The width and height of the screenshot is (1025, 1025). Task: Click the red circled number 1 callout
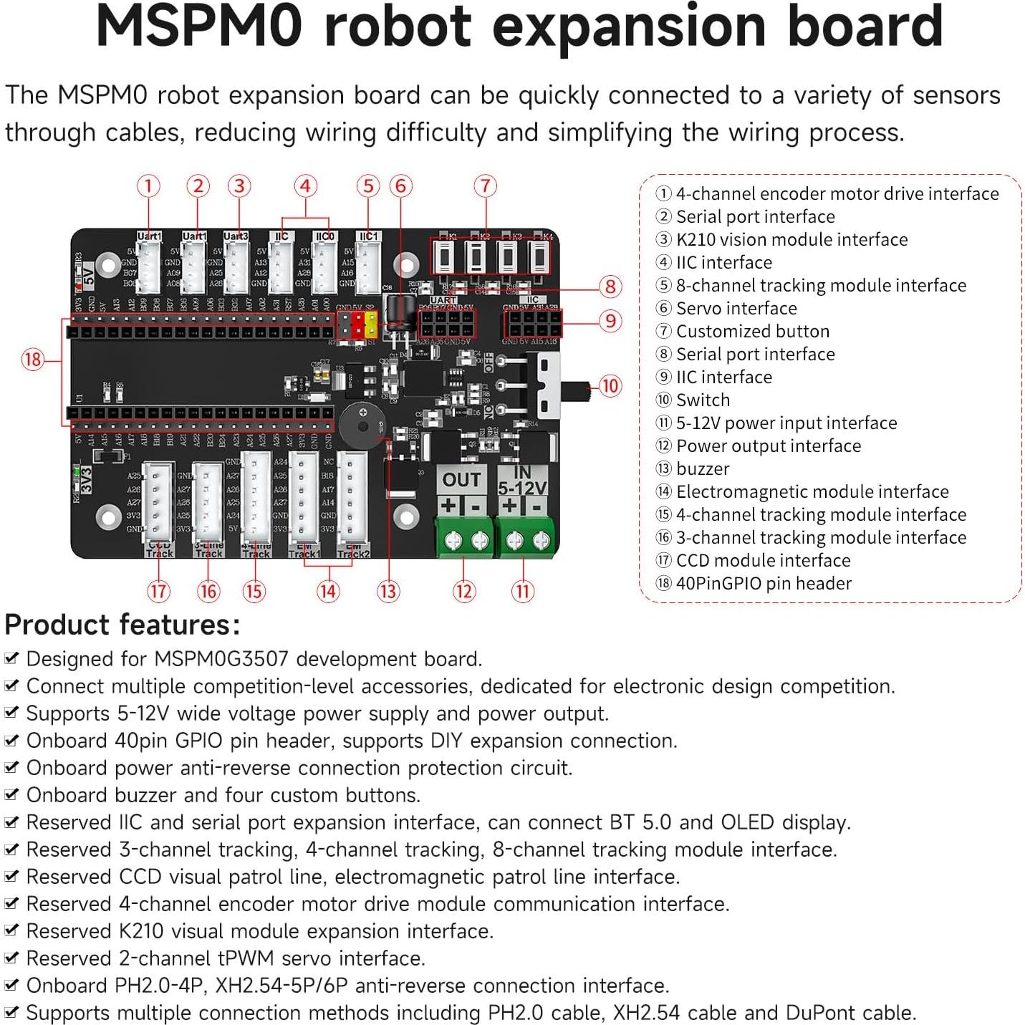(148, 187)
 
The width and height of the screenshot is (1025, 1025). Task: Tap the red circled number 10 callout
(610, 386)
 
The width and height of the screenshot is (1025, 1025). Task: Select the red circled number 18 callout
(33, 359)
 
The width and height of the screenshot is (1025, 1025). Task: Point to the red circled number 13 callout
(388, 592)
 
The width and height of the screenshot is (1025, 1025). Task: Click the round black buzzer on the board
(361, 425)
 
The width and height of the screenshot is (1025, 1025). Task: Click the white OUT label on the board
(461, 480)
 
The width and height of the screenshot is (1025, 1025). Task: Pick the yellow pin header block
(371, 324)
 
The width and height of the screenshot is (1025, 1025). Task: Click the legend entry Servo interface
(736, 309)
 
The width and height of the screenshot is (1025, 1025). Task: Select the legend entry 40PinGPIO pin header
(764, 584)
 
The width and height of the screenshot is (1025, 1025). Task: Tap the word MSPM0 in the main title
(200, 27)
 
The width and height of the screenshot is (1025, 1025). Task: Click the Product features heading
(122, 625)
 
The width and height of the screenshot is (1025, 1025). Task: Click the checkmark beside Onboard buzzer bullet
(11, 794)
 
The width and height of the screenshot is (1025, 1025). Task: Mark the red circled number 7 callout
(486, 187)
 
